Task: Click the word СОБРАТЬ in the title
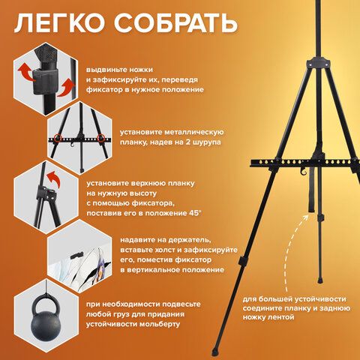pyautogui.click(x=175, y=23)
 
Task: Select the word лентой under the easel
pyautogui.click(x=280, y=317)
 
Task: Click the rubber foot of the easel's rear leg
pyautogui.click(x=320, y=280)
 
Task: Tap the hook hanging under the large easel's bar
pyautogui.click(x=303, y=172)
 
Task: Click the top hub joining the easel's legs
pyautogui.click(x=319, y=63)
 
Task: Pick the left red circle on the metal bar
pyautogui.click(x=58, y=138)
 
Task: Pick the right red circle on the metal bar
pyautogui.click(x=101, y=137)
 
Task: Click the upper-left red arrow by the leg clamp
pyautogui.click(x=26, y=70)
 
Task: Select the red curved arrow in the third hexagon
pyautogui.click(x=55, y=178)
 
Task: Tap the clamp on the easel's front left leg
pyautogui.click(x=242, y=261)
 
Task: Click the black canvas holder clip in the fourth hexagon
pyautogui.click(x=76, y=255)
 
